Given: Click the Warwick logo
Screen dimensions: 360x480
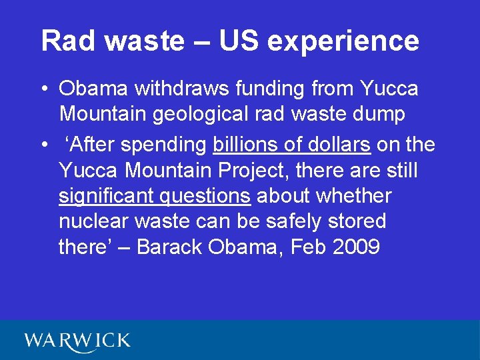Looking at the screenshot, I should [x=77, y=341].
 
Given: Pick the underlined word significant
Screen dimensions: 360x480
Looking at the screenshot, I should [x=103, y=197].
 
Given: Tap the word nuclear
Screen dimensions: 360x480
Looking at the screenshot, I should [x=93, y=221].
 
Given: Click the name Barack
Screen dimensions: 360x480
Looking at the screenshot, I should [x=170, y=247].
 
